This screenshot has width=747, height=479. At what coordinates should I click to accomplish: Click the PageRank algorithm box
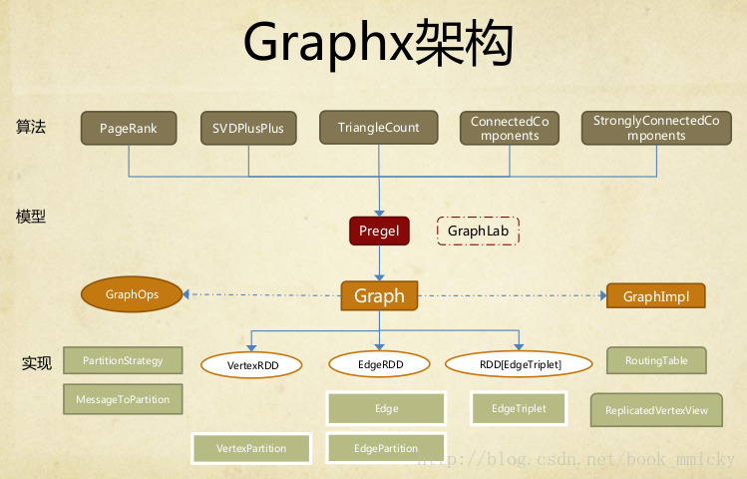pyautogui.click(x=129, y=129)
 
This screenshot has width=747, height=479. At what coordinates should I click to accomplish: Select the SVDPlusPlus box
pyautogui.click(x=248, y=129)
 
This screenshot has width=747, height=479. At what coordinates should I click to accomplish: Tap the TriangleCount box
pyautogui.click(x=379, y=128)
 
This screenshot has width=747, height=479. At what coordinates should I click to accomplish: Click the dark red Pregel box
pyautogui.click(x=379, y=232)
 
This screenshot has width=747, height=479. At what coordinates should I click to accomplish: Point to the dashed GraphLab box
pyautogui.click(x=479, y=232)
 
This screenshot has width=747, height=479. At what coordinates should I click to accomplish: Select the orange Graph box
pyautogui.click(x=379, y=295)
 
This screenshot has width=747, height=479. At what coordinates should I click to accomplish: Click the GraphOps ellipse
pyautogui.click(x=133, y=294)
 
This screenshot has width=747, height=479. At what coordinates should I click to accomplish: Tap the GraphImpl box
pyautogui.click(x=655, y=296)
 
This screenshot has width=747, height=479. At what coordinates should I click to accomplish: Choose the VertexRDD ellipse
pyautogui.click(x=252, y=365)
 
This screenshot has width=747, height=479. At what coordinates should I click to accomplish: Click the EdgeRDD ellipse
pyautogui.click(x=380, y=365)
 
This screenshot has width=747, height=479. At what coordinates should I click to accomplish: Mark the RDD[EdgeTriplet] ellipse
pyautogui.click(x=520, y=365)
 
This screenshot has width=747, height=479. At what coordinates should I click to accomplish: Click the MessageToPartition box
pyautogui.click(x=123, y=399)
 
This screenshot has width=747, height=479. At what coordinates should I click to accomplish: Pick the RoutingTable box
pyautogui.click(x=656, y=360)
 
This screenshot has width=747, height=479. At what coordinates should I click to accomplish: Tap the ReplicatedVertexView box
pyautogui.click(x=656, y=410)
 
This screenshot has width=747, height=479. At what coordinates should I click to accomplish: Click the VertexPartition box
pyautogui.click(x=251, y=448)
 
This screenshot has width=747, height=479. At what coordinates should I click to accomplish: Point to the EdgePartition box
pyautogui.click(x=386, y=448)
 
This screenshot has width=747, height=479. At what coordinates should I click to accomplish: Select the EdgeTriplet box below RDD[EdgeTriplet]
pyautogui.click(x=519, y=408)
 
